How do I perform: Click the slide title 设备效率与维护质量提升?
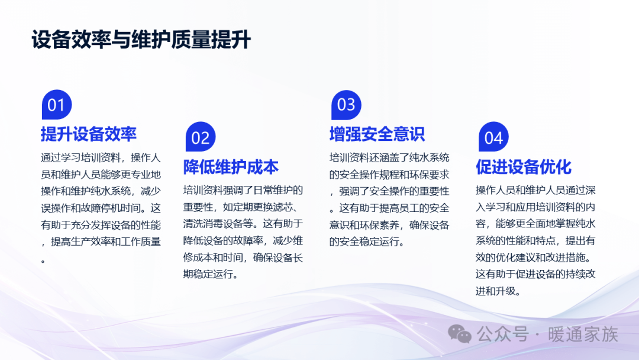[x=141, y=40]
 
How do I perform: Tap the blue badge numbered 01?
[x=57, y=105]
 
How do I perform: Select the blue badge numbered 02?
[x=201, y=137]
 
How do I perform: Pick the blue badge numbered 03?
[x=346, y=105]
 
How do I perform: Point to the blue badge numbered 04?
[x=493, y=137]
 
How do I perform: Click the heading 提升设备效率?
[x=88, y=134]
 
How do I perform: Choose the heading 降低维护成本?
[x=231, y=167]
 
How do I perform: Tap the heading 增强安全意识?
[x=377, y=134]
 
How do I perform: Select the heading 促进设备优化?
[x=523, y=167]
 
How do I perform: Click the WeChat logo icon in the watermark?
[x=460, y=335]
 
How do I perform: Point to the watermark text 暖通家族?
[x=583, y=335]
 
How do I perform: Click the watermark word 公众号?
[x=503, y=335]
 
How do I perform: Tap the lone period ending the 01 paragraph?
[x=43, y=261]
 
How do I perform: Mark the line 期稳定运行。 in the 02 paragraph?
[x=211, y=274]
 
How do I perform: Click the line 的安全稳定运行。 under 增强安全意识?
[x=367, y=242]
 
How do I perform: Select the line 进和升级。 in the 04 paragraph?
[x=498, y=291]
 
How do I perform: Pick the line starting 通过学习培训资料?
[x=101, y=157]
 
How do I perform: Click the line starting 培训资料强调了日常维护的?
[x=243, y=190]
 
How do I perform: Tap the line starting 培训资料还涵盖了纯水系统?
[x=389, y=157]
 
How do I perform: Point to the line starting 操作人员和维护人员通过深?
[x=535, y=190]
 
